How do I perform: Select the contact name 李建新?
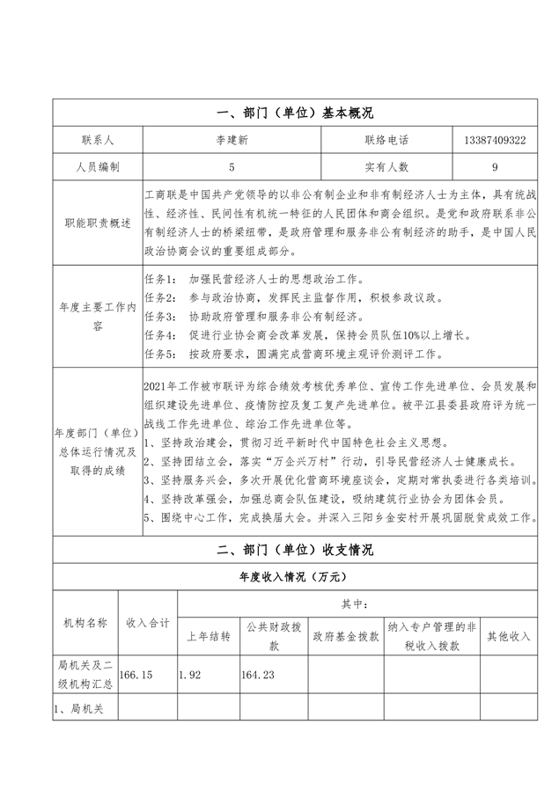coord(232,140)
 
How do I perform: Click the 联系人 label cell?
coord(97,140)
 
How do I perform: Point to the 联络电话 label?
coord(386,140)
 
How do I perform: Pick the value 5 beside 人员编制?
coord(232,166)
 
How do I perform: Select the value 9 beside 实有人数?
coord(495,166)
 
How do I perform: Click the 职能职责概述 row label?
coord(97,223)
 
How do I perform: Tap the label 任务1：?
coord(159,278)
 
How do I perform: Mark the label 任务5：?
coord(159,355)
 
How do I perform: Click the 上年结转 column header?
coord(208,636)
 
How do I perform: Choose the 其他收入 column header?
coord(508,636)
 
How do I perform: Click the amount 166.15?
coord(136,675)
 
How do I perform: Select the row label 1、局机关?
coord(80,708)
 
